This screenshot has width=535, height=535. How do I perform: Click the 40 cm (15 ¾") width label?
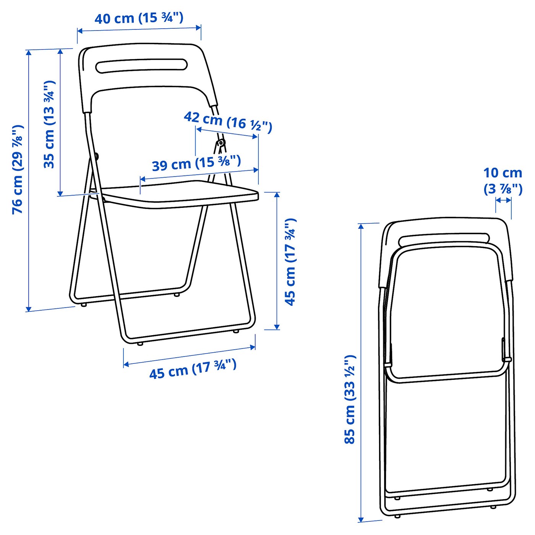(x=139, y=18)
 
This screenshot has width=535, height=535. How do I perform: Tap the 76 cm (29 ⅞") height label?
(x=18, y=169)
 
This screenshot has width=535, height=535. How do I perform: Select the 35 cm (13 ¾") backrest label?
(x=49, y=125)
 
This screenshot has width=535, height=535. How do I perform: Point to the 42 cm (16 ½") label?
(x=228, y=122)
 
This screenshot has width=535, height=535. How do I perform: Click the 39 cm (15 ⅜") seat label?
(x=196, y=163)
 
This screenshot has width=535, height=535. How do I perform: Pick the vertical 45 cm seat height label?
(x=290, y=262)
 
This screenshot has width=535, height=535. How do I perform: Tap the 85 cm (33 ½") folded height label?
(x=350, y=399)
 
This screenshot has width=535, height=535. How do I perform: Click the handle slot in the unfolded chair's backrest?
(x=141, y=65)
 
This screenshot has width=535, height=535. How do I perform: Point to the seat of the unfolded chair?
(x=180, y=195)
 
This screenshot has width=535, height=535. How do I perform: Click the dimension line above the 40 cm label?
(x=139, y=29)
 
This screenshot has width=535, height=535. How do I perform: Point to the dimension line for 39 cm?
(x=199, y=174)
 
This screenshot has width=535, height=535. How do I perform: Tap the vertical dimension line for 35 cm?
(x=60, y=122)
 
